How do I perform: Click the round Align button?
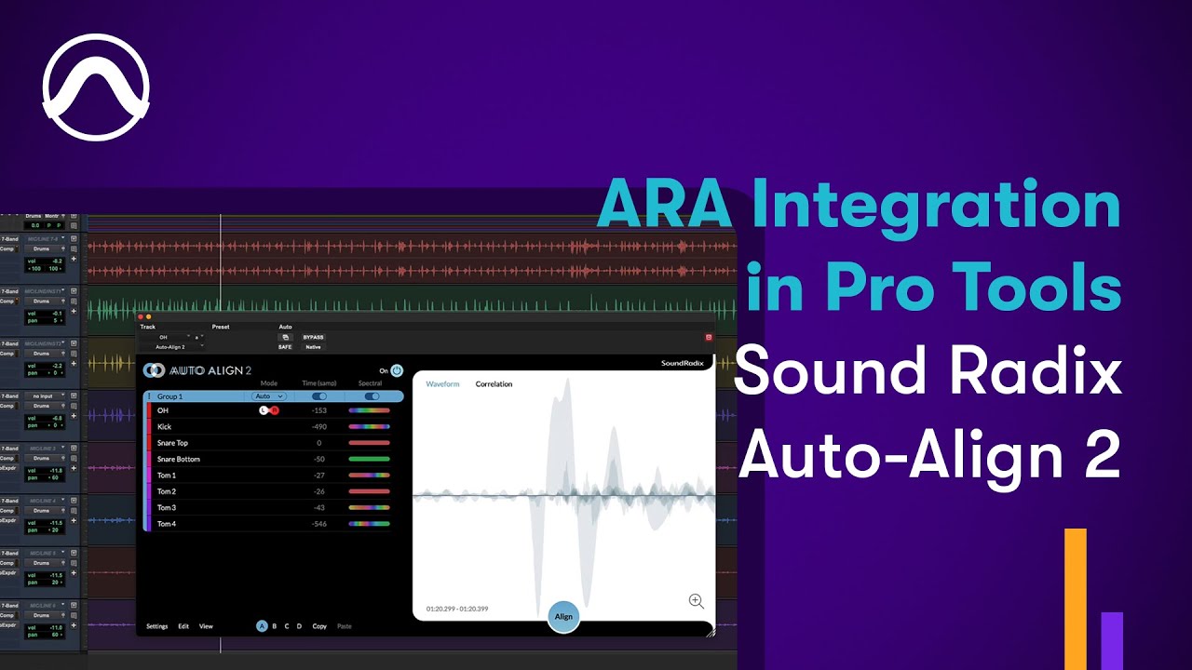[x=563, y=617]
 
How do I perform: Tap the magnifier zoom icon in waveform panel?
[x=696, y=601]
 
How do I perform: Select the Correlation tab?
[x=494, y=384]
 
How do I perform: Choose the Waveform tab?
[x=442, y=384]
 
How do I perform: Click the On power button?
[x=397, y=370]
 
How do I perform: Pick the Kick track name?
[x=164, y=426]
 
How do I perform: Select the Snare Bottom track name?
[x=178, y=459]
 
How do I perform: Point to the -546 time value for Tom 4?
[x=318, y=524]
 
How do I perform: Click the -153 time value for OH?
[x=318, y=410]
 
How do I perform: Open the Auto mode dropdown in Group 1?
[x=268, y=396]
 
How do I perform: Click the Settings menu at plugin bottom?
[x=157, y=626]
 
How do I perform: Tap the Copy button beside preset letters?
[x=319, y=626]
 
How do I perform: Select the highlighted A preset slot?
[x=262, y=626]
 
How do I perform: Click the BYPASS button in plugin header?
[x=313, y=337]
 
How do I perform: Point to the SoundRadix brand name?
[x=683, y=363]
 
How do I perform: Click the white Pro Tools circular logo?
[x=96, y=87]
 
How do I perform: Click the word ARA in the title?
[x=663, y=205]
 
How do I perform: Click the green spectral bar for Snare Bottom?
[x=369, y=459]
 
